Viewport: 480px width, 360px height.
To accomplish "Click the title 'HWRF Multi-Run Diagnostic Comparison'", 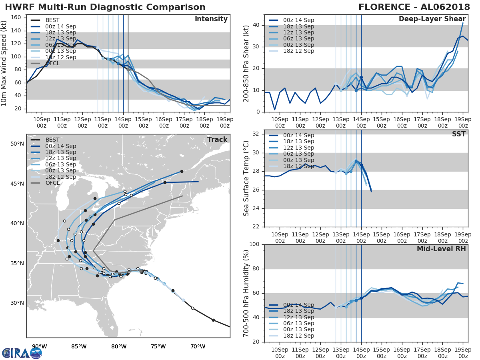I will (105, 7).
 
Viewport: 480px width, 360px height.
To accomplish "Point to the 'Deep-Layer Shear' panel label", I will (432, 19).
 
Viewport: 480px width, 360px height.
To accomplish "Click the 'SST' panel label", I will (458, 134).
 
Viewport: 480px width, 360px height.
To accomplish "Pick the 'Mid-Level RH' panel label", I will (441, 249).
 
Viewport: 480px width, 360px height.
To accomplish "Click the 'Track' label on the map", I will (217, 140).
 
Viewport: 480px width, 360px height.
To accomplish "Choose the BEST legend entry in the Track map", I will (52, 140).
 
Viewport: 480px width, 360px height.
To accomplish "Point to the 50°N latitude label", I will (17, 144).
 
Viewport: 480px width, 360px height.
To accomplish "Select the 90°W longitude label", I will (39, 346).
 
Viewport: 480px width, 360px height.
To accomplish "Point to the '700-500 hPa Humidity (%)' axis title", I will (246, 293).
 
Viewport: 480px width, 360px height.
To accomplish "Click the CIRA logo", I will (22, 353).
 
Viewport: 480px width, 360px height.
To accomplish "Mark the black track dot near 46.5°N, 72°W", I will (182, 171).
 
